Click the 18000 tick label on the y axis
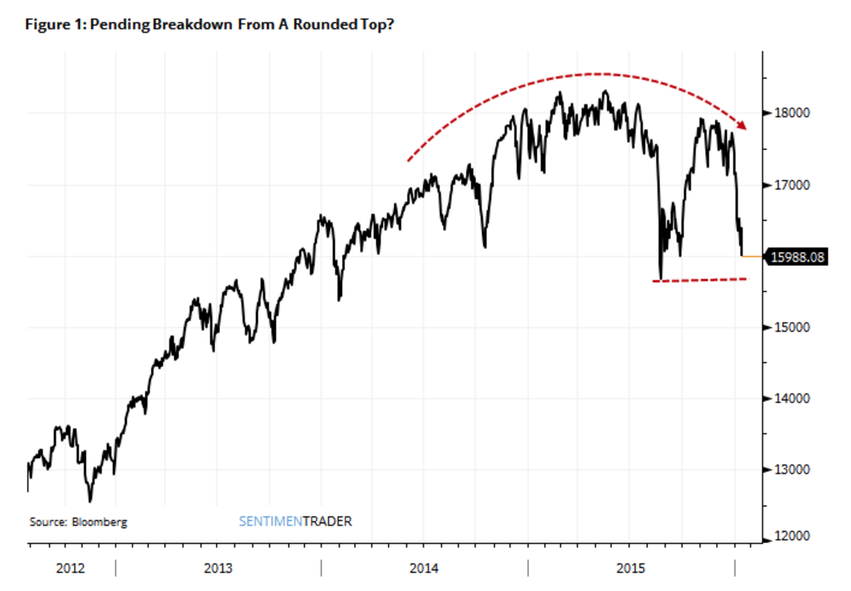point(787,113)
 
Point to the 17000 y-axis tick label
point(787,185)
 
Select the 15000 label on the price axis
point(787,328)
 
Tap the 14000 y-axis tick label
point(787,398)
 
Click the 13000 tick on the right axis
point(787,470)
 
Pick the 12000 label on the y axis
point(787,536)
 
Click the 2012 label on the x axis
point(71,569)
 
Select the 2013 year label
point(218,569)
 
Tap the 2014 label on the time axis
point(424,569)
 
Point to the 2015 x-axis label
point(630,569)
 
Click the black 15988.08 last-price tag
point(796,257)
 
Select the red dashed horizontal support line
point(700,280)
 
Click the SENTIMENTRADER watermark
point(295,521)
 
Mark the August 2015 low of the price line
point(660,279)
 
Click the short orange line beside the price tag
point(753,256)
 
